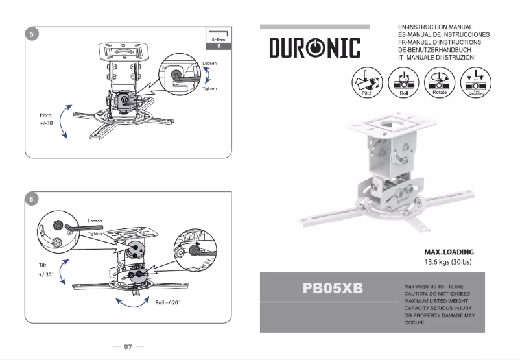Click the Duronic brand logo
pyautogui.click(x=314, y=48)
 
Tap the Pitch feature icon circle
pyautogui.click(x=366, y=83)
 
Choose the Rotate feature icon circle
pyautogui.click(x=439, y=83)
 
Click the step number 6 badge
pyautogui.click(x=32, y=199)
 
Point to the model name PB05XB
pyautogui.click(x=333, y=287)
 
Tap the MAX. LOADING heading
pyautogui.click(x=449, y=252)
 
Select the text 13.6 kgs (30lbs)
pyautogui.click(x=449, y=262)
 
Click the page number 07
pyautogui.click(x=128, y=346)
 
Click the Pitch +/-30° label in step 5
pyautogui.click(x=45, y=119)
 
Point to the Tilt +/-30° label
pyautogui.click(x=45, y=270)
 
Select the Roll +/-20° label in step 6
pyautogui.click(x=167, y=302)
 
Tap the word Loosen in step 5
pyautogui.click(x=209, y=64)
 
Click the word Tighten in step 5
pyautogui.click(x=209, y=88)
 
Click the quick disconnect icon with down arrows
pyautogui.click(x=476, y=83)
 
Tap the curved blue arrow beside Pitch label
pyautogui.click(x=64, y=121)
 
